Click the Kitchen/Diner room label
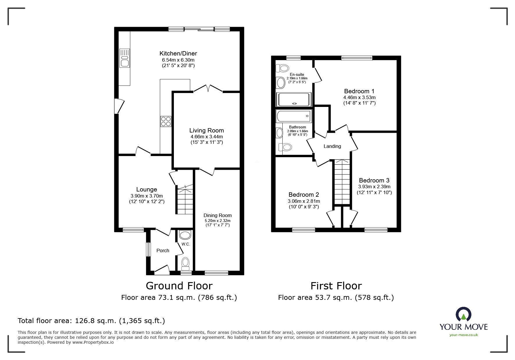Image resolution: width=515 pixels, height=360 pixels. (178, 53)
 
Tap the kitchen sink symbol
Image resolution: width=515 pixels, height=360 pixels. (124, 58)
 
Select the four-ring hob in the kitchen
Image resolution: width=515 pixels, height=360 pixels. (166, 121)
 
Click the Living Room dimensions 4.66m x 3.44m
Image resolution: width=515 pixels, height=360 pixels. (206, 137)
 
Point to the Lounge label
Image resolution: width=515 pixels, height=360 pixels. (147, 189)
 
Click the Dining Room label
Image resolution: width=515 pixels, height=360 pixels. (218, 215)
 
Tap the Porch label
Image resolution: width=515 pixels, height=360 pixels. (163, 250)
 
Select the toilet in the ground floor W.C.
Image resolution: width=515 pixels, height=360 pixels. (185, 263)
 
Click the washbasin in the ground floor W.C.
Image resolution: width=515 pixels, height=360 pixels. (185, 235)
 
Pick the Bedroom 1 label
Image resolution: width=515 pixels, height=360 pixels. (359, 91)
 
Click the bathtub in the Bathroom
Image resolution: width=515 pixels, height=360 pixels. (294, 116)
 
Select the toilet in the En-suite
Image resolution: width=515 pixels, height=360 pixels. (282, 68)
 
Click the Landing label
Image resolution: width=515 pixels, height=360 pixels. (332, 146)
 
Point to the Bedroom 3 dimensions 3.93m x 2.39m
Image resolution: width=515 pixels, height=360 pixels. (374, 187)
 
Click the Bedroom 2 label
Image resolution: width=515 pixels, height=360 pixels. (304, 195)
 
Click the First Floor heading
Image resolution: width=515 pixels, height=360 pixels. (336, 286)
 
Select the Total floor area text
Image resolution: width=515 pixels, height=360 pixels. (91, 321)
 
